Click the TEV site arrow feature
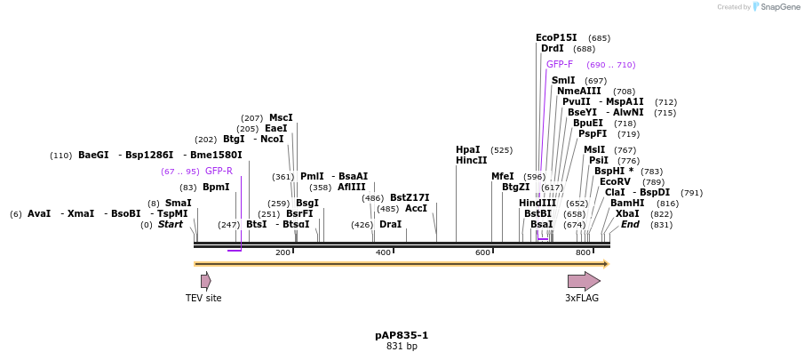[x=205, y=281]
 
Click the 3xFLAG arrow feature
[x=584, y=281]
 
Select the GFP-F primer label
[x=560, y=65]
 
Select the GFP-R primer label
[x=219, y=172]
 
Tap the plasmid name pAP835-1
[x=402, y=335]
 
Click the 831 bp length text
[x=402, y=347]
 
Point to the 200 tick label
[x=283, y=253]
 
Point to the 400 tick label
[x=383, y=253]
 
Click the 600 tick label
[x=483, y=253]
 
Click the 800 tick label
[x=584, y=253]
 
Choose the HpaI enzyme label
[x=467, y=150]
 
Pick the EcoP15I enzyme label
[x=556, y=38]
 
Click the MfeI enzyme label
[x=503, y=177]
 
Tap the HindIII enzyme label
[x=537, y=204]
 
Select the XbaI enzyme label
[x=627, y=214]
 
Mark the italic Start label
[x=170, y=225]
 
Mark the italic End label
[x=630, y=225]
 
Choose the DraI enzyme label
[x=390, y=225]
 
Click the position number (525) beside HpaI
[x=501, y=150]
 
